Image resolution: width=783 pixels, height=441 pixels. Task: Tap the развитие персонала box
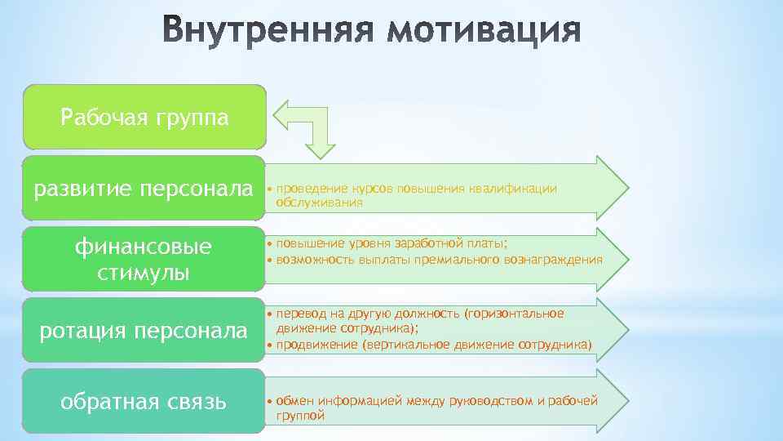(x=144, y=189)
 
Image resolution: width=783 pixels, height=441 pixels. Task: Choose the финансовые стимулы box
(x=144, y=259)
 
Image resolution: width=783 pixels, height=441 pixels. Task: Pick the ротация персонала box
(x=144, y=330)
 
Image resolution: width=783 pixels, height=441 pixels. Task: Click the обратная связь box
(x=144, y=401)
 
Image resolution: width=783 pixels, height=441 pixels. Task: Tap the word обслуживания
(x=319, y=202)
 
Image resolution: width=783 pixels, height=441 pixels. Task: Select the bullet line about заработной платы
(x=391, y=243)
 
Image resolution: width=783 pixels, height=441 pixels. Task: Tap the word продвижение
(x=313, y=345)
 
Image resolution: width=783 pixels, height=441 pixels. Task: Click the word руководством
(x=488, y=401)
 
